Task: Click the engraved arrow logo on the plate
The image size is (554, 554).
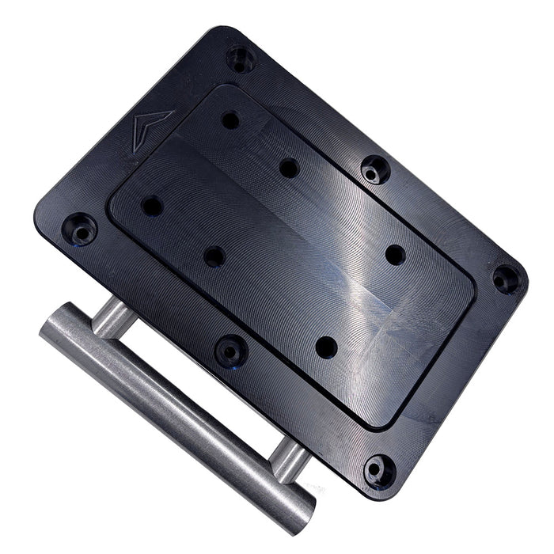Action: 151,125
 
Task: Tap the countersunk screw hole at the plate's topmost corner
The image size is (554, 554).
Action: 241,58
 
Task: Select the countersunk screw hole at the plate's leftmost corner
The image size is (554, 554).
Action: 79,229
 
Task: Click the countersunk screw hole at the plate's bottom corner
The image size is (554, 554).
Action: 379,470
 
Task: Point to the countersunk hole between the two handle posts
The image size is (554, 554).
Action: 231,349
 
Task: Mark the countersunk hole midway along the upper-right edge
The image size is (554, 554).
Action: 374,169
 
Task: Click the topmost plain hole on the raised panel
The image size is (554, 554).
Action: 230,120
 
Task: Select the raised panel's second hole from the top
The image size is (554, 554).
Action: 290,168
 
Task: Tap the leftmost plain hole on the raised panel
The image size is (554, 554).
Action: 152,207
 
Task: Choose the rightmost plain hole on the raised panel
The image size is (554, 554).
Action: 395,255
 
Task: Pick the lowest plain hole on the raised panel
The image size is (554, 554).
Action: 326,347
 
